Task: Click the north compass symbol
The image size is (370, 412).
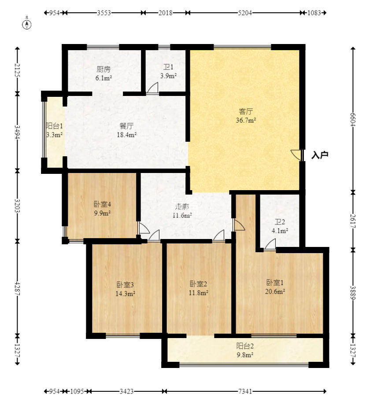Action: (x=27, y=24)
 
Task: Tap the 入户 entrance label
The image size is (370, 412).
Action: (x=319, y=155)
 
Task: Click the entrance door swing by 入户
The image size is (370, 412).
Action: (x=297, y=155)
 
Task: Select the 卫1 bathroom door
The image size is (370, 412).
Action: (x=152, y=88)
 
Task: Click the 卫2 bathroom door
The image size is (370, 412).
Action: (x=270, y=244)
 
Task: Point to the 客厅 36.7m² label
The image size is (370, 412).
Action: (x=246, y=116)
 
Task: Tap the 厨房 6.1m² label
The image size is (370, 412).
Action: (x=104, y=74)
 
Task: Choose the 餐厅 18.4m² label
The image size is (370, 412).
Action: (x=126, y=130)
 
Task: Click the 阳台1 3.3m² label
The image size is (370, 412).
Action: (x=54, y=130)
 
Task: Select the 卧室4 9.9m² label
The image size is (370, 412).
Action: (x=102, y=208)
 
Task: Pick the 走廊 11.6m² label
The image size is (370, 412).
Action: (x=182, y=211)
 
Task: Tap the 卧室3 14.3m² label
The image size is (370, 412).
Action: (x=125, y=289)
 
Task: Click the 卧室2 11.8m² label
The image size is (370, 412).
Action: (x=198, y=288)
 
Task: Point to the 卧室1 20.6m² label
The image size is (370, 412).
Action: (x=275, y=287)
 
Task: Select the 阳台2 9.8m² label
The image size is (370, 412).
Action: (x=245, y=350)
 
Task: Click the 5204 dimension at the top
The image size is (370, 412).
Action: (x=245, y=13)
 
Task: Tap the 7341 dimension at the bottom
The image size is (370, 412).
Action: (x=245, y=391)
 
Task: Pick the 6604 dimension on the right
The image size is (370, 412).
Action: (x=353, y=120)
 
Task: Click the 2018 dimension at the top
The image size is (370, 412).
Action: (x=166, y=13)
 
